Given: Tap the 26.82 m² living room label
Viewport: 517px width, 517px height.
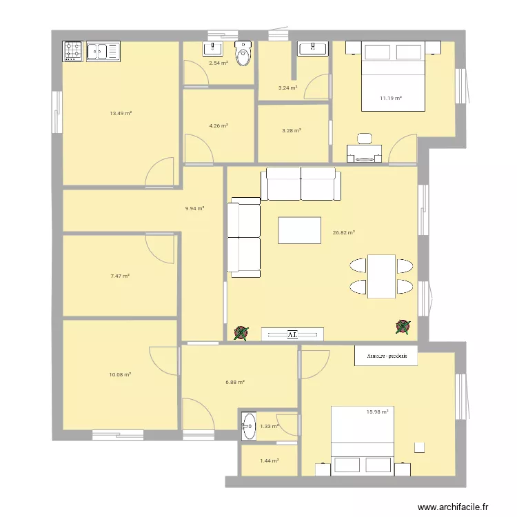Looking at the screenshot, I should point(343,233).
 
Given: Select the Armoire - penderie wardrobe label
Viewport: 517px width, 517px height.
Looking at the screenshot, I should point(386,356).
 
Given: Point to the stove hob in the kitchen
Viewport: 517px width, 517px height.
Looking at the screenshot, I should point(73,50).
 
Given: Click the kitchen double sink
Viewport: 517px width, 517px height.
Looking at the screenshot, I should point(103,50).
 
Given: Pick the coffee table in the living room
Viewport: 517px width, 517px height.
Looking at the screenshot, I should point(299,230).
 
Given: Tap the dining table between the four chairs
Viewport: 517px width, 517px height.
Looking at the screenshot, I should point(381,276).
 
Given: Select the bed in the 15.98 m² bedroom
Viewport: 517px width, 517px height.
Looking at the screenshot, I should point(363,441).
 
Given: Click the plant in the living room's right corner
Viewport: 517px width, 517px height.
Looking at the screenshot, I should point(403,327).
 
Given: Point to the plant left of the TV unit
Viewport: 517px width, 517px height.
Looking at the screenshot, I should point(241,334).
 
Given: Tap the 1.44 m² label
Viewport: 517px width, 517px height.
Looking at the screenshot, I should point(269,460).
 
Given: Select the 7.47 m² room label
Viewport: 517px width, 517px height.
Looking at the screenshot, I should point(120,276).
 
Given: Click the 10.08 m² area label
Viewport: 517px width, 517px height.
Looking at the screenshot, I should point(120,374).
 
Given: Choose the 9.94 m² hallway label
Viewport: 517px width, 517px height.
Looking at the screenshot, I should point(194,207).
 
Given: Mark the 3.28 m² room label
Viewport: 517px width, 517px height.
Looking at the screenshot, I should point(292,130).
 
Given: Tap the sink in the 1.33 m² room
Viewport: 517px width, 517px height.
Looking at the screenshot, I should point(248,427).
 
